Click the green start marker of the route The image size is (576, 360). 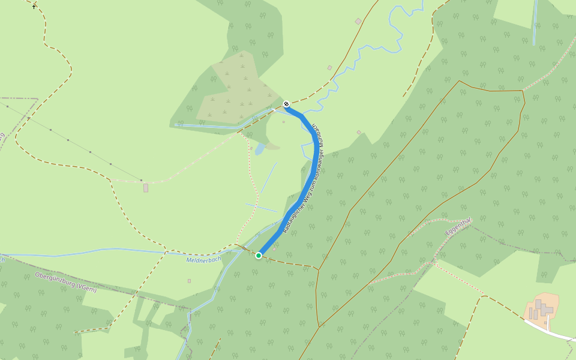click(259, 256)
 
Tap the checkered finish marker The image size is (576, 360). click(286, 104)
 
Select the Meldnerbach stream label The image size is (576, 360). click(203, 260)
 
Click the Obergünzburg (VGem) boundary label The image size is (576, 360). click(65, 282)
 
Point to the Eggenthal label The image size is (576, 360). click(459, 228)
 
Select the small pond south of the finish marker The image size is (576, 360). click(259, 149)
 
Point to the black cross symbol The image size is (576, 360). click(34, 7)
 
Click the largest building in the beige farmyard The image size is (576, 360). click(539, 305)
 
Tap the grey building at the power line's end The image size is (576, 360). click(146, 188)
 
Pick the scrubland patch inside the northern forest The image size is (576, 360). click(234, 90)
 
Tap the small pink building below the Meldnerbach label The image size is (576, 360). click(189, 280)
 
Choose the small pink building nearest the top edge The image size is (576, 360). click(358, 22)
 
